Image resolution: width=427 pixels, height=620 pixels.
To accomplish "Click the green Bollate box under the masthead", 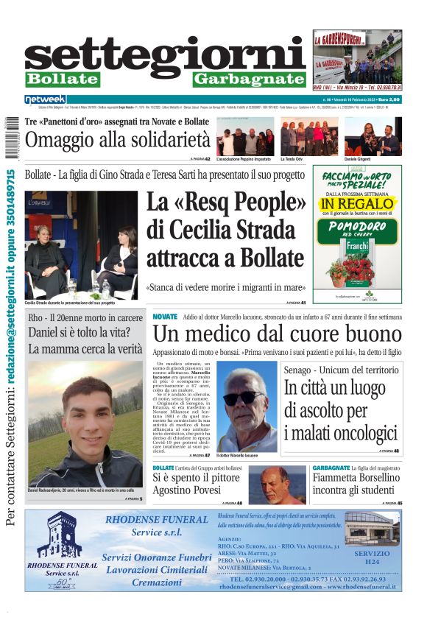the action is coord(62,79).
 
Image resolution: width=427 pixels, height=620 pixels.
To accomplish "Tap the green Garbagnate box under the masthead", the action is coord(248,79).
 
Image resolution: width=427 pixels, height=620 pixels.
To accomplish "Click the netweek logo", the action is coord(46,99).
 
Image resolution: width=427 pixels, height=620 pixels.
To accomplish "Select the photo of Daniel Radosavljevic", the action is coord(85,423).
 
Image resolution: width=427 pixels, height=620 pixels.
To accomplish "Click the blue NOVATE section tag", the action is coord(165,317).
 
